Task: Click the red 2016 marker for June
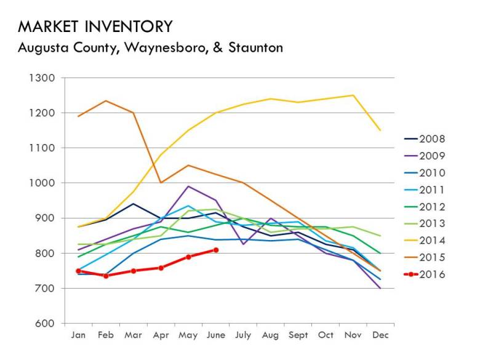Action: point(216,250)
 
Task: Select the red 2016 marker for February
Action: point(106,276)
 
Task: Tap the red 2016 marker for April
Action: point(161,268)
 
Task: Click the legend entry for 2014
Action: point(431,241)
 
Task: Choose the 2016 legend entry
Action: point(431,274)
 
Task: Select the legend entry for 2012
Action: point(431,207)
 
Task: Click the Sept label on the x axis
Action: point(298,336)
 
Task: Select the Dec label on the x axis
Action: point(380,336)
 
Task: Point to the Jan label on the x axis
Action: point(78,336)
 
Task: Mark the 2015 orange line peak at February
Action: point(106,101)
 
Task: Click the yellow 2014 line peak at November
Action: point(353,95)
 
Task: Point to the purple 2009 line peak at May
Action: point(188,186)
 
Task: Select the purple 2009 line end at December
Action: point(380,288)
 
